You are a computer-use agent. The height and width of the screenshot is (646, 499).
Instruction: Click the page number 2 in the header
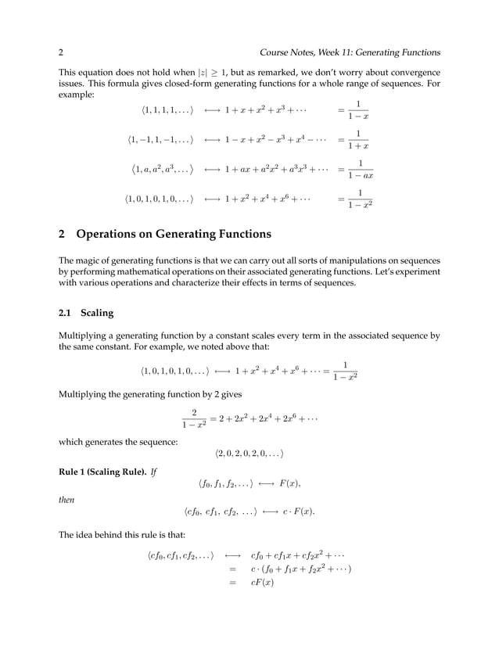click(60, 52)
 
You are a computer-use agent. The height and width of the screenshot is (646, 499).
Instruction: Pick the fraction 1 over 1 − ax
click(360, 170)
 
